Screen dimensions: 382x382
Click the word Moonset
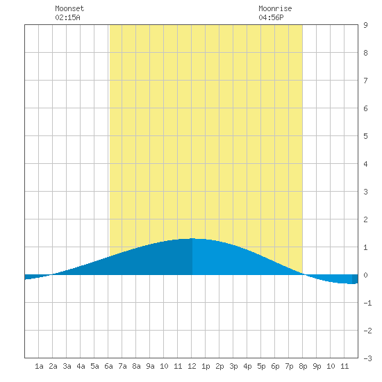point(69,8)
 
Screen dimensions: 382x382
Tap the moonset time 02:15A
point(67,17)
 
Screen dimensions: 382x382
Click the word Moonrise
point(275,8)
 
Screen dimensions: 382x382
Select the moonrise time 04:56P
point(271,17)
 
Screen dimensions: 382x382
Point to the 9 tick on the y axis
point(365,25)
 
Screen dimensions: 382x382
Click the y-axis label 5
point(365,136)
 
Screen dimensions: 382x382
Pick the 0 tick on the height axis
point(365,275)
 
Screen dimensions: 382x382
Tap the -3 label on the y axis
point(367,358)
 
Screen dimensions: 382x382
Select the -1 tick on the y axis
point(367,303)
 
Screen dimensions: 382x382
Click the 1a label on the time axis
point(39,366)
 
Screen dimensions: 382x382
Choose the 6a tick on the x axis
point(108,366)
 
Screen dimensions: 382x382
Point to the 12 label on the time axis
point(192,366)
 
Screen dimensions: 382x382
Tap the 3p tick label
point(233,366)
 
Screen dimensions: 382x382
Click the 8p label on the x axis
point(303,366)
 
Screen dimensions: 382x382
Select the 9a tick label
point(150,366)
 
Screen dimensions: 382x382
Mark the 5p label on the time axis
point(261,366)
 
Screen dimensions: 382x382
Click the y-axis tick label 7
point(365,81)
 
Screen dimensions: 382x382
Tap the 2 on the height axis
point(365,219)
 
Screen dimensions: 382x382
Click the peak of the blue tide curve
point(192,238)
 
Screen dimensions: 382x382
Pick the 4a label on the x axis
point(81,366)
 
